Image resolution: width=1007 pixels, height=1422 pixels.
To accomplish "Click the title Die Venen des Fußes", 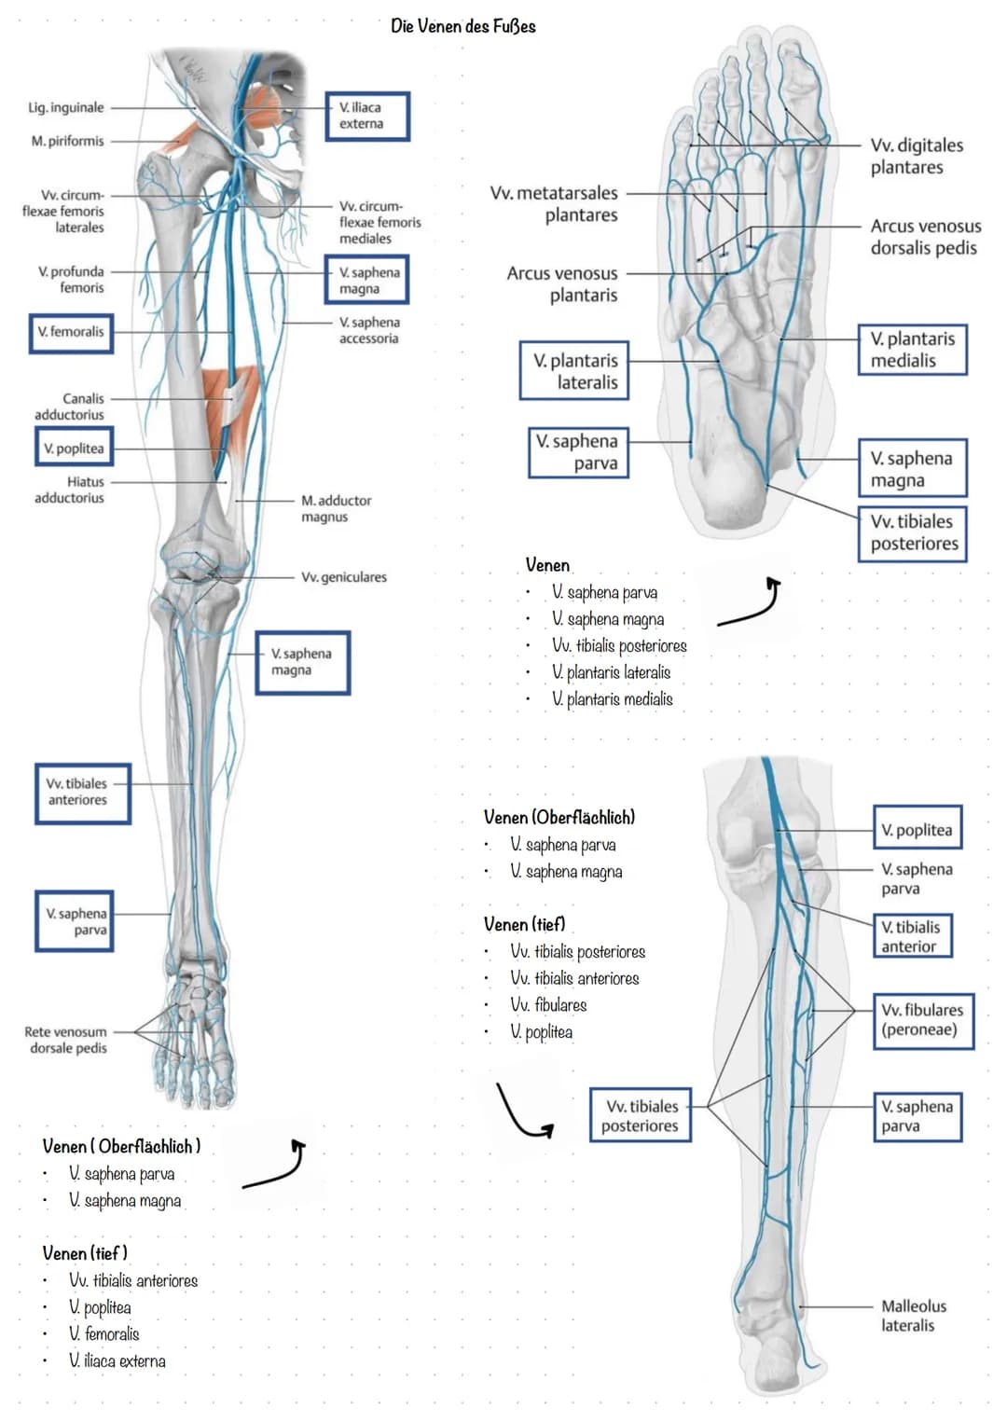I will click(463, 26).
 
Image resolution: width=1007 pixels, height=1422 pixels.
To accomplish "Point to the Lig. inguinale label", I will click(66, 107).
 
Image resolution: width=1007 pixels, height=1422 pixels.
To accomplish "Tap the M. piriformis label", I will click(67, 141).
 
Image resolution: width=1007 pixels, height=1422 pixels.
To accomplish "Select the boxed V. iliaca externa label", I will click(366, 116).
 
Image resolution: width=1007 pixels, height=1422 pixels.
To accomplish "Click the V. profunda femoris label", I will click(72, 280).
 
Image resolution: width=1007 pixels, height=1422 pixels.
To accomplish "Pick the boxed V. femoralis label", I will click(71, 332).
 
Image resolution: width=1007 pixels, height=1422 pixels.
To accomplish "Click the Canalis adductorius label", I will click(70, 407).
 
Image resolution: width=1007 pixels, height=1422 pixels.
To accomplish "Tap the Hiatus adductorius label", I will click(70, 490).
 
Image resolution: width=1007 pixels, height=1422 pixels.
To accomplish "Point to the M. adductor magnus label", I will click(336, 508).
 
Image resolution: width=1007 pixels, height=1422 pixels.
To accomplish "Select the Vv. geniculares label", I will click(343, 577).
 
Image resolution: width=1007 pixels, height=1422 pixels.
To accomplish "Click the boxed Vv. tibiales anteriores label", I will click(81, 793).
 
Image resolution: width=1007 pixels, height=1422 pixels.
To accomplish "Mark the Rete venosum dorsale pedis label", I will click(66, 1040).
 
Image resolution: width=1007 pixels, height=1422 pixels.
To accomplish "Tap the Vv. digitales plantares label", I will click(916, 156).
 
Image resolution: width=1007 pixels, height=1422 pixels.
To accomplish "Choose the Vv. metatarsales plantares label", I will click(555, 203).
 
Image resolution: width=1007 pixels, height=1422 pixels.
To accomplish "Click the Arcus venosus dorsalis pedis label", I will click(924, 237).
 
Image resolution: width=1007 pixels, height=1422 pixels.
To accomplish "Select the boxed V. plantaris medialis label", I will click(912, 350).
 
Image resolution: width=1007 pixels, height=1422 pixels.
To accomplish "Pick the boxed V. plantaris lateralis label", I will click(574, 371).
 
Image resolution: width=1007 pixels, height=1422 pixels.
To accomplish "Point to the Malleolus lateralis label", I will click(913, 1315).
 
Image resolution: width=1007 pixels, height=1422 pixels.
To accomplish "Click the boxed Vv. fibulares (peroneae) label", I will click(922, 1019).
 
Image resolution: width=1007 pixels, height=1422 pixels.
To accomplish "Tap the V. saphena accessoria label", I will click(368, 330).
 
